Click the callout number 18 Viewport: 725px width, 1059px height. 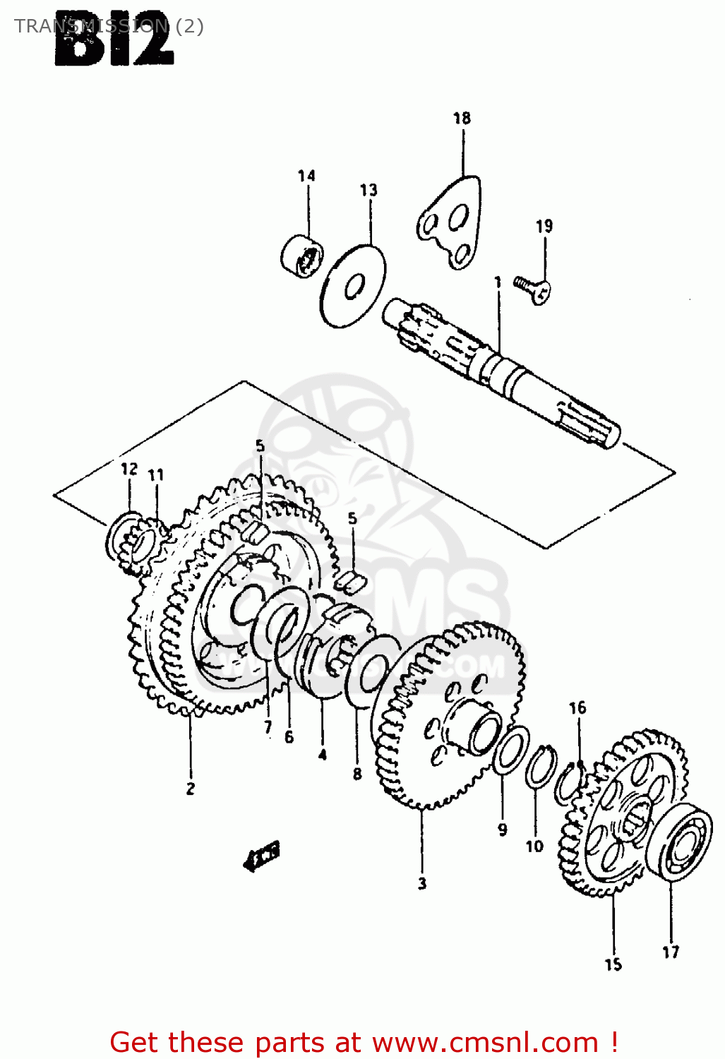[462, 118]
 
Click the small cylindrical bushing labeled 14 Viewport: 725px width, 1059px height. [302, 256]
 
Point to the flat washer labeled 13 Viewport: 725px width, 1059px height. [352, 286]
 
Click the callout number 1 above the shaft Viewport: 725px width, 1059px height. [497, 282]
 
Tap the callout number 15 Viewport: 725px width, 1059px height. [613, 964]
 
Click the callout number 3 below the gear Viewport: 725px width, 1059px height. [421, 882]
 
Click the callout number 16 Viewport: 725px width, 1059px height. [577, 707]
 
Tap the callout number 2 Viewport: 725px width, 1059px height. [190, 789]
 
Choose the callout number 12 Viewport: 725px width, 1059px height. [128, 469]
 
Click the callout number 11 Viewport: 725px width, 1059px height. [156, 475]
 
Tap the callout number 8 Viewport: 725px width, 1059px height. [357, 774]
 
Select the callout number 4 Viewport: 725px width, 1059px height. [322, 755]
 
